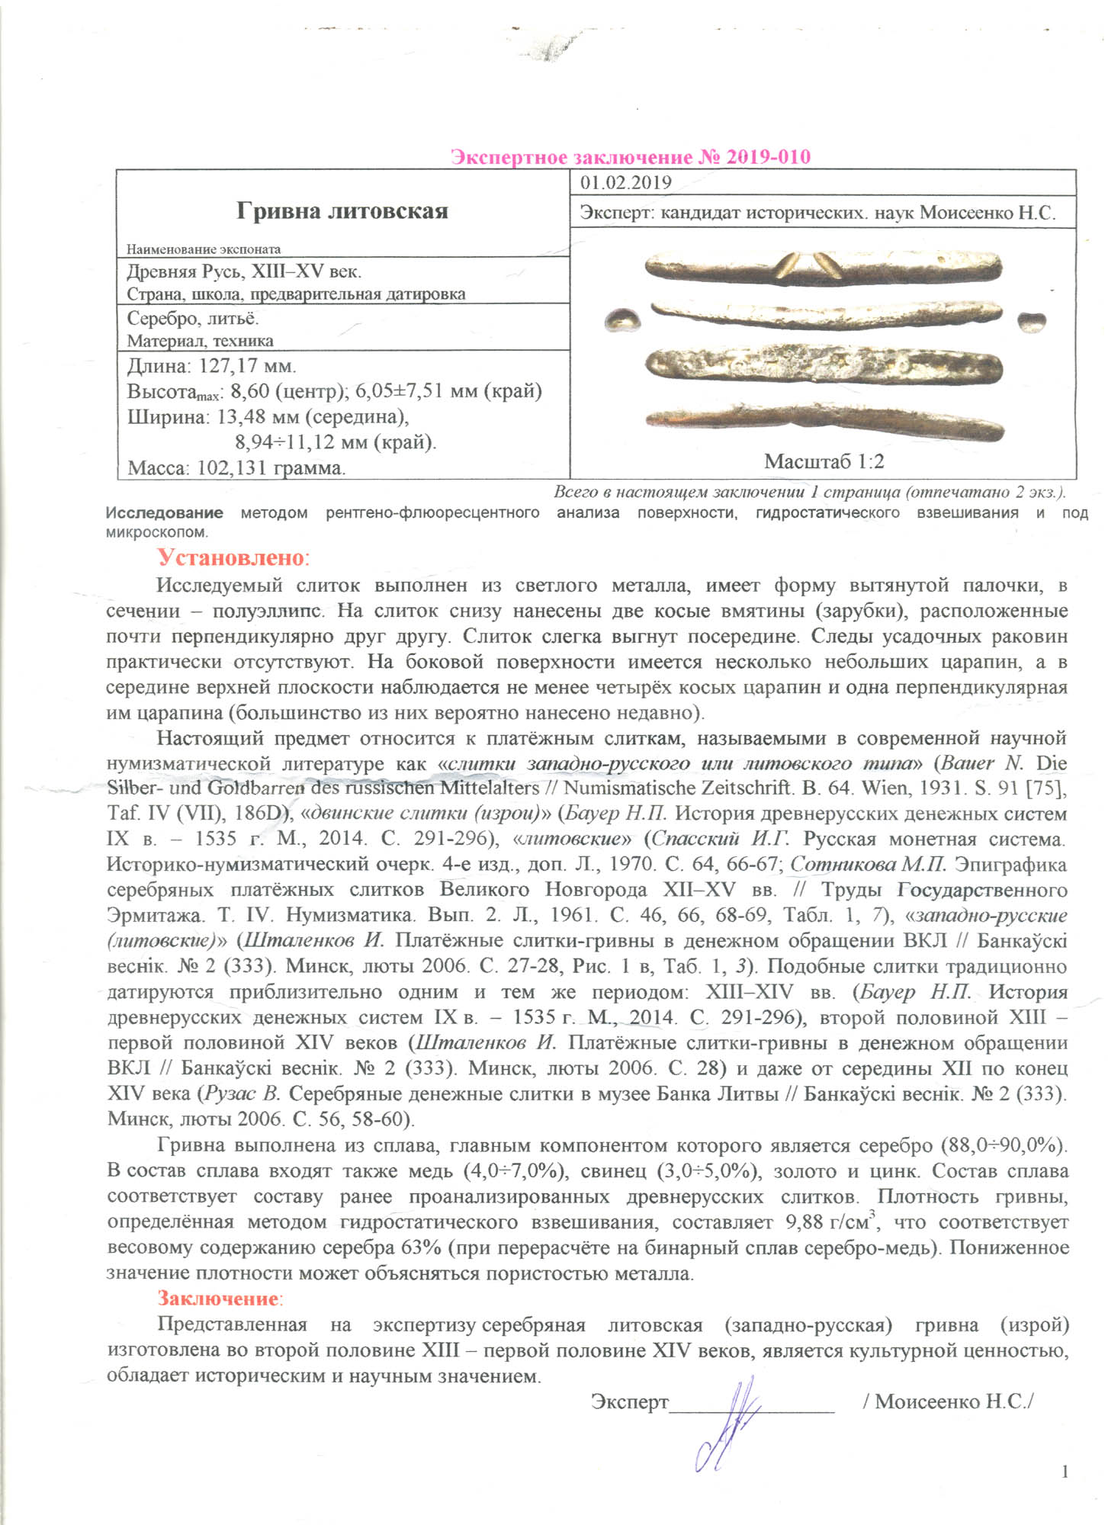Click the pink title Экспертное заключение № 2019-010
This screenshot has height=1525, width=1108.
pyautogui.click(x=630, y=157)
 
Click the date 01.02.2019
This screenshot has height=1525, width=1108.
pyautogui.click(x=625, y=183)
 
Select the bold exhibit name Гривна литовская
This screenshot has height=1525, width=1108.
pyautogui.click(x=342, y=210)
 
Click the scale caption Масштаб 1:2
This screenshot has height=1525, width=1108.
pyautogui.click(x=824, y=461)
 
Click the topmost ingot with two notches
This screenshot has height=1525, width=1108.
pyautogui.click(x=823, y=268)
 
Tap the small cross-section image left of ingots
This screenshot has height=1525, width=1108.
pyautogui.click(x=622, y=320)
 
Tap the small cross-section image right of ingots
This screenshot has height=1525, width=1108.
pyautogui.click(x=1032, y=321)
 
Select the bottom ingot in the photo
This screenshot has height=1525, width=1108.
pyautogui.click(x=824, y=420)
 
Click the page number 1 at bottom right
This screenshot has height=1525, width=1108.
pyautogui.click(x=1065, y=1471)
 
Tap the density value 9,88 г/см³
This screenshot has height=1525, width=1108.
pyautogui.click(x=832, y=1222)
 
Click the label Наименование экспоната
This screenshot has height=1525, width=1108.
pyautogui.click(x=204, y=249)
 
